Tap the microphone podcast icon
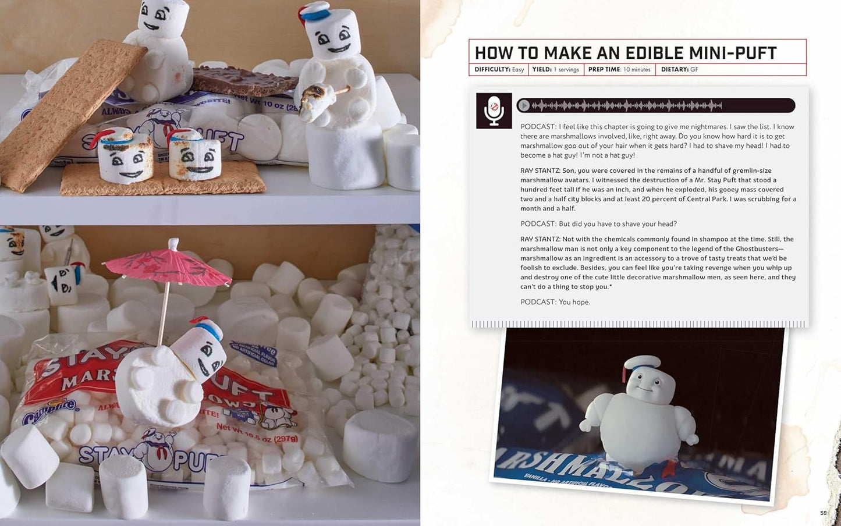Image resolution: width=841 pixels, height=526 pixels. [x=494, y=111]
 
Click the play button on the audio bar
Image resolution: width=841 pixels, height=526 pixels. [x=524, y=105]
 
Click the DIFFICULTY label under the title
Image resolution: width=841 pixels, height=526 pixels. [x=492, y=69]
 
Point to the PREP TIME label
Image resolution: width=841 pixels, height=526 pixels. [x=604, y=69]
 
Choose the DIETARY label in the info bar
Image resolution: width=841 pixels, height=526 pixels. [x=675, y=69]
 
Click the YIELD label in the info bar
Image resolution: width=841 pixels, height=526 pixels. [x=542, y=69]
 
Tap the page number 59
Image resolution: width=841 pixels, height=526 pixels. [x=823, y=513]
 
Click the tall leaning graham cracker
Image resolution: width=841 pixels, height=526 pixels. [x=64, y=111]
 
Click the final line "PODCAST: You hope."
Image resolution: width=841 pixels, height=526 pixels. [x=555, y=302]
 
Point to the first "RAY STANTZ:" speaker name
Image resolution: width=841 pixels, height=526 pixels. [x=540, y=170]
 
